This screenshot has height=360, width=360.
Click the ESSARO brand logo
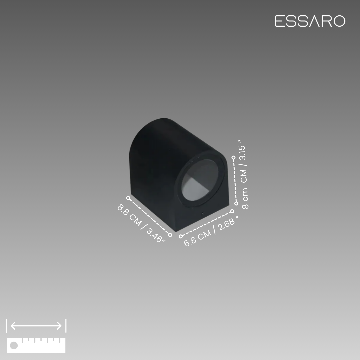[310, 21]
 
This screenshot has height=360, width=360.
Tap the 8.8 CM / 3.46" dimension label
[141, 223]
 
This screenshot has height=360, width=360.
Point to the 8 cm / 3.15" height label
[244, 174]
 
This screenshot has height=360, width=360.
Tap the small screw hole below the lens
[203, 213]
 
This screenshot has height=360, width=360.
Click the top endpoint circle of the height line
[233, 157]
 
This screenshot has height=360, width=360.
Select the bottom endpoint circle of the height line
[236, 203]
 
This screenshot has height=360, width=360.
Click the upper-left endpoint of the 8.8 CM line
[128, 198]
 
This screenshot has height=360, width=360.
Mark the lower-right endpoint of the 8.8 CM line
[170, 235]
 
